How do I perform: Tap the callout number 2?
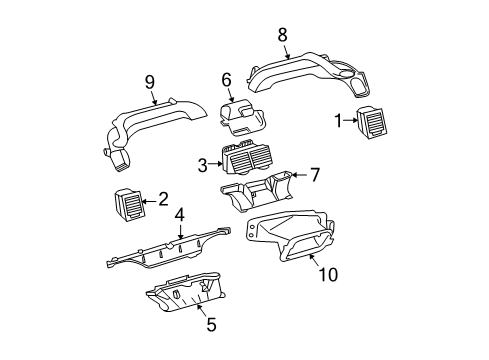tap(162, 201)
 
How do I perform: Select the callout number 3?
tap(203, 164)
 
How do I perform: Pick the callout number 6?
tap(226, 79)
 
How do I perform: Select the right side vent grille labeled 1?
tap(374, 124)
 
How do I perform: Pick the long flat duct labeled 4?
tap(170, 257)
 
